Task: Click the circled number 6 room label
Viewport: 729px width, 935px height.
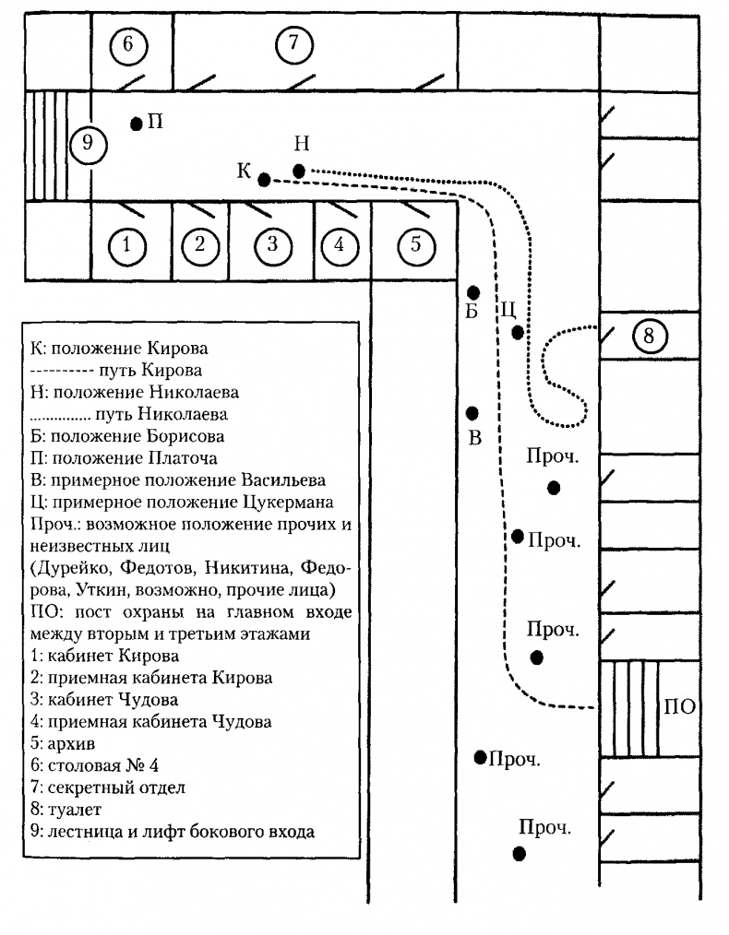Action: (x=128, y=44)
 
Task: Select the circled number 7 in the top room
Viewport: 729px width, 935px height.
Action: (x=294, y=44)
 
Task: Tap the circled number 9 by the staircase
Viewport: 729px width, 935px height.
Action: (x=89, y=144)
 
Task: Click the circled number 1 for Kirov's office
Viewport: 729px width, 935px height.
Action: (x=127, y=245)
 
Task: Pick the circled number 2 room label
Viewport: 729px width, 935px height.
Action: (x=199, y=245)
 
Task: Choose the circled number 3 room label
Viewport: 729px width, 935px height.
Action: (x=271, y=244)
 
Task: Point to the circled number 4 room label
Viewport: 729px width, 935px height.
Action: (x=340, y=245)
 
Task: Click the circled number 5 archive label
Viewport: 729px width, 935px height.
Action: (x=415, y=244)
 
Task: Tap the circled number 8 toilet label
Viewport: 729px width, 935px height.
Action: (x=649, y=337)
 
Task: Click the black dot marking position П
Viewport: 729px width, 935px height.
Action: (x=137, y=123)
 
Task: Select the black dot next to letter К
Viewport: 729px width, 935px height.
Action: (x=264, y=180)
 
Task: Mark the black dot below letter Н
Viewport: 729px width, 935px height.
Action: (x=299, y=171)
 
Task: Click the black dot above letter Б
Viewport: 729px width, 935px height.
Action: (x=472, y=291)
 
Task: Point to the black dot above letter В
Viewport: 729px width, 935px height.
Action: (x=472, y=412)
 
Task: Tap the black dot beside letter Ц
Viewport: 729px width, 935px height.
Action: (x=518, y=332)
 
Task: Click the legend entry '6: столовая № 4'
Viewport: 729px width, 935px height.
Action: (x=98, y=765)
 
